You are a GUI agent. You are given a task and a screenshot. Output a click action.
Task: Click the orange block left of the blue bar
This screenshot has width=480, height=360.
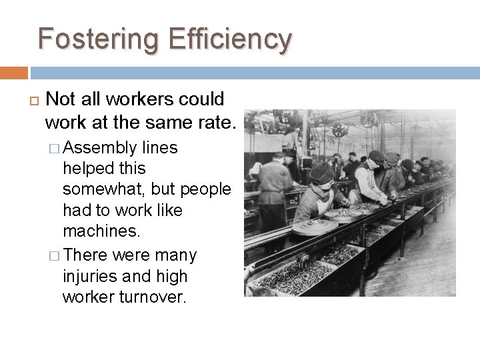pyautogui.click(x=13, y=73)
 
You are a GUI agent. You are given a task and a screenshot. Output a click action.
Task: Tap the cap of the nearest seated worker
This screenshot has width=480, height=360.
pyautogui.click(x=322, y=172)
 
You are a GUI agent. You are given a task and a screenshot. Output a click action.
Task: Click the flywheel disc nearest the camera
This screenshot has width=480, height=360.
pyautogui.click(x=315, y=227)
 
